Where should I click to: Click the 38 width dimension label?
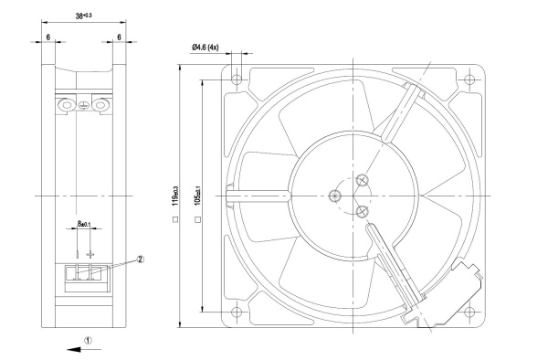tap(83, 16)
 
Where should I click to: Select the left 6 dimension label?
tap(48, 37)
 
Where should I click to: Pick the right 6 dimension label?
tap(119, 37)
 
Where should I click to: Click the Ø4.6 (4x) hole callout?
tap(205, 48)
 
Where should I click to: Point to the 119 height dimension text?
tap(175, 196)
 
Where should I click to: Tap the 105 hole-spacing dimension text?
tap(197, 196)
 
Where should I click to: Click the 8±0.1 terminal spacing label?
tap(84, 223)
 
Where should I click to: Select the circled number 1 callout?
tap(88, 340)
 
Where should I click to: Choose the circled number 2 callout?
tap(140, 259)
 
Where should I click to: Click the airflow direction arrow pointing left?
tap(83, 349)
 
